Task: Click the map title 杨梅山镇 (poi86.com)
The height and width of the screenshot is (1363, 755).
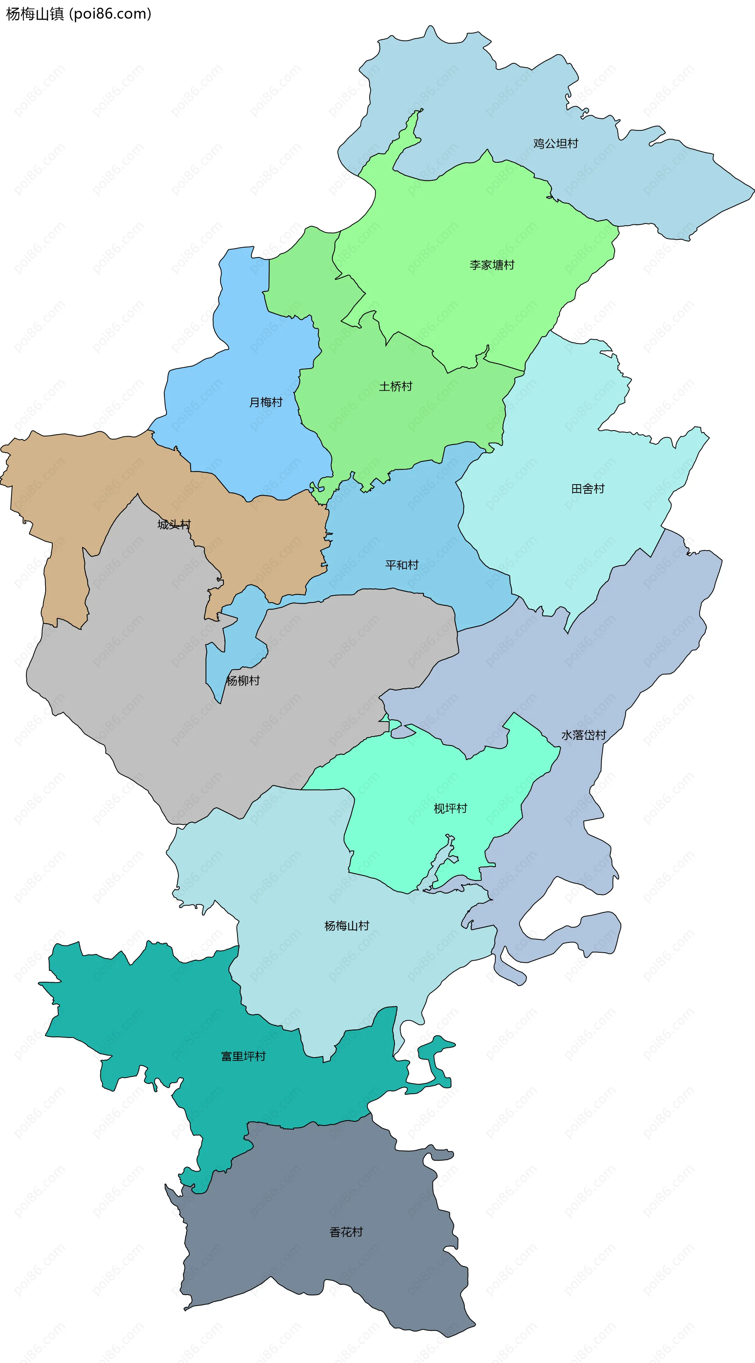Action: (x=78, y=14)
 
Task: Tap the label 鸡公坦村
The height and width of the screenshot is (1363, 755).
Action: (x=555, y=143)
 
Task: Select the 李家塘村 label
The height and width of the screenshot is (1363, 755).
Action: (x=492, y=265)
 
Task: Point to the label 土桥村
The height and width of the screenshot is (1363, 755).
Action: (x=396, y=386)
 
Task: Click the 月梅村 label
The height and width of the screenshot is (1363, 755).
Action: (x=266, y=402)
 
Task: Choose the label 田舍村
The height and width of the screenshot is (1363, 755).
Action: (x=588, y=489)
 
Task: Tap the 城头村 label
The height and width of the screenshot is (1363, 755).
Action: (x=174, y=524)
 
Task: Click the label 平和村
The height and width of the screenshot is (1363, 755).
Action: (x=402, y=564)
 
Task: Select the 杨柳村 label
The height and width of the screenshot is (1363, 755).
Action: (x=243, y=680)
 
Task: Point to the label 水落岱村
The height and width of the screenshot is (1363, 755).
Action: (x=584, y=735)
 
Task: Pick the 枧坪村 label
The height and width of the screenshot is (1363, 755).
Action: (x=451, y=808)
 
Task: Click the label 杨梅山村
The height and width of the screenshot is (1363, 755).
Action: (x=347, y=926)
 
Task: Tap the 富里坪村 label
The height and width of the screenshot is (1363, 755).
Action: (x=243, y=1056)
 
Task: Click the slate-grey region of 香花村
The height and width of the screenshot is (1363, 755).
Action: (x=318, y=1190)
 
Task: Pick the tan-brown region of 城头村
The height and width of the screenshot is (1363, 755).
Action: (x=79, y=476)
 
